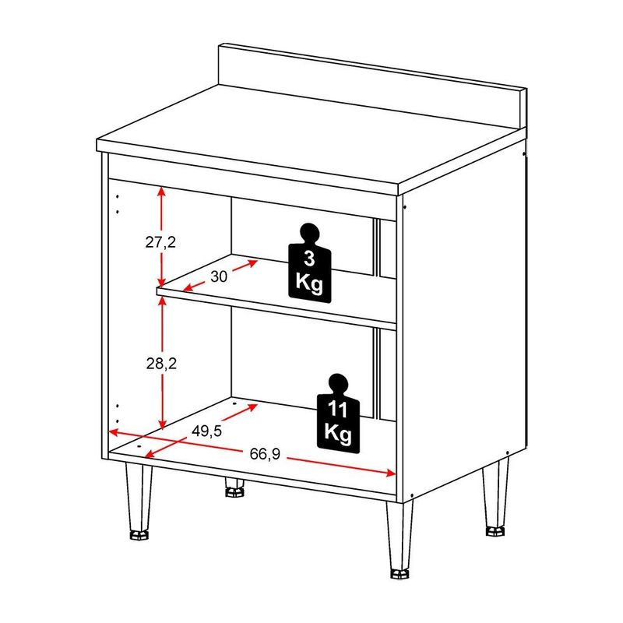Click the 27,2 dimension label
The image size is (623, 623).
point(160,241)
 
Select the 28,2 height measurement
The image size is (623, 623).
point(161,363)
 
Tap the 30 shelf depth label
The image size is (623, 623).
point(219,276)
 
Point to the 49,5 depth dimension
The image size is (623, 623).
point(206,431)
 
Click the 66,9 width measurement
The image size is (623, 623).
point(265,453)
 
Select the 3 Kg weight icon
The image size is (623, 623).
point(309,263)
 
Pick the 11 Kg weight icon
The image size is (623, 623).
point(338,414)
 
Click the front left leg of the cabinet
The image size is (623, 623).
point(139,501)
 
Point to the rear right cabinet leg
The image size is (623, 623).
point(495,497)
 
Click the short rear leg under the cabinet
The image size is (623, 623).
point(234,487)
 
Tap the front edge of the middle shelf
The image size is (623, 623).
point(276,308)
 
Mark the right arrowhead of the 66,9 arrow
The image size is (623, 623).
point(391,473)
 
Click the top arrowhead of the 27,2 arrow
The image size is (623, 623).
point(161,192)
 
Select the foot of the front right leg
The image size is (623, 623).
point(399,574)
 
